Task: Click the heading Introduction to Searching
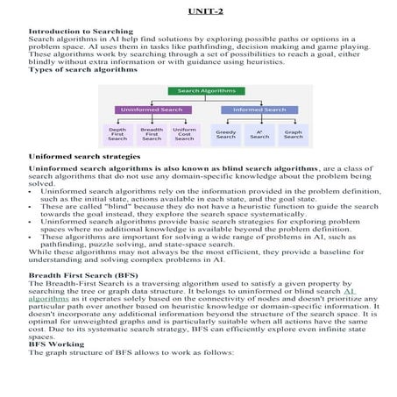77,30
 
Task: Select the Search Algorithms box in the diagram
201,91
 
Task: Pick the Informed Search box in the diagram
259,110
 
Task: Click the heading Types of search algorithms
83,69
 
